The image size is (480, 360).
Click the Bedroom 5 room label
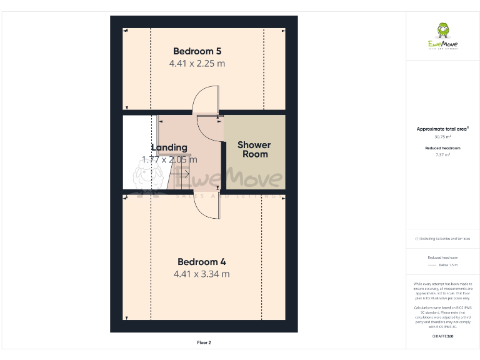pyautogui.click(x=197, y=51)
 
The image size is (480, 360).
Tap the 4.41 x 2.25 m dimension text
pyautogui.click(x=197, y=63)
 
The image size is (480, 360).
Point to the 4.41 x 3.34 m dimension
pyautogui.click(x=201, y=274)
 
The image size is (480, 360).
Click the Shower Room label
pyautogui.click(x=254, y=149)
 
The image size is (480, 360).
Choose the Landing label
pyautogui.click(x=169, y=147)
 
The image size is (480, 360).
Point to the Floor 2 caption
pyautogui.click(x=204, y=342)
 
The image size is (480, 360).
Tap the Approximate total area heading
pyautogui.click(x=442, y=129)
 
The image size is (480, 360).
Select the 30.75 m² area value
pyautogui.click(x=442, y=136)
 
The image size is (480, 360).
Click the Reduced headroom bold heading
pyautogui.click(x=442, y=147)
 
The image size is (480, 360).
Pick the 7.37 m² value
pyautogui.click(x=442, y=154)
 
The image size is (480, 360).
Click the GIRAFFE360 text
pyautogui.click(x=442, y=336)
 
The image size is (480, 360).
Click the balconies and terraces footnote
pyautogui.click(x=442, y=239)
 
